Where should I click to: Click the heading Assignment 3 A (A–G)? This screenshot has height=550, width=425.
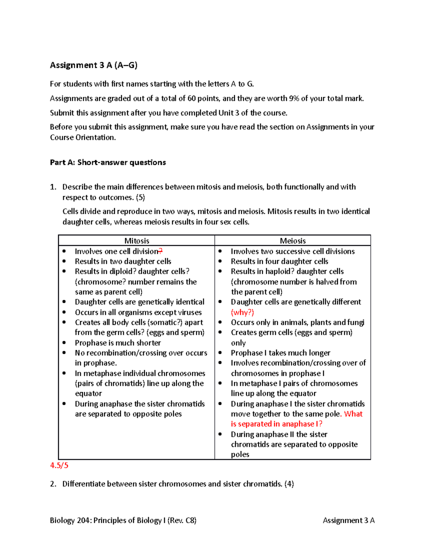pos(93,65)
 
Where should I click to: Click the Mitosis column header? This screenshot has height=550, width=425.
pos(137,241)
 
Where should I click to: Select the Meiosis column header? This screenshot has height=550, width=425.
pos(293,241)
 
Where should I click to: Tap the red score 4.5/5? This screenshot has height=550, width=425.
pos(59,465)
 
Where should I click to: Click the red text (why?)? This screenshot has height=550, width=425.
pos(243,312)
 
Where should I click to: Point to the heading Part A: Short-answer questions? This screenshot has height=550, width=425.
pos(108,163)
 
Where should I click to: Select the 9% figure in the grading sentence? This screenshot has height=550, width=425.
pos(294,98)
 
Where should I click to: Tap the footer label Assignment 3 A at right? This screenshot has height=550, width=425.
pos(348,520)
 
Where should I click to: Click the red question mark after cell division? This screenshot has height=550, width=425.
pos(160,251)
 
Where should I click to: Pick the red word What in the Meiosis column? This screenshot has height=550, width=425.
pos(353,414)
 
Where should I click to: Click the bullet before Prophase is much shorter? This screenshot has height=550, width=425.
pos(64,343)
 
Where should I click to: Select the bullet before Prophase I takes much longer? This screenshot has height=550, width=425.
pos(220,353)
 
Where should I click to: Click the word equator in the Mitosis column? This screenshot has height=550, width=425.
pos(89,393)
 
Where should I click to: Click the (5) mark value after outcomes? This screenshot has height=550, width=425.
pos(140,198)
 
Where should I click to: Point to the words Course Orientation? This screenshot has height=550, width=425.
pos(83,137)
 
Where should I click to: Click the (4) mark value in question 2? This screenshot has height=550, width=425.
pos(289,484)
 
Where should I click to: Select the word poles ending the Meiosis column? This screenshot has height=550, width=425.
pos(240,454)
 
